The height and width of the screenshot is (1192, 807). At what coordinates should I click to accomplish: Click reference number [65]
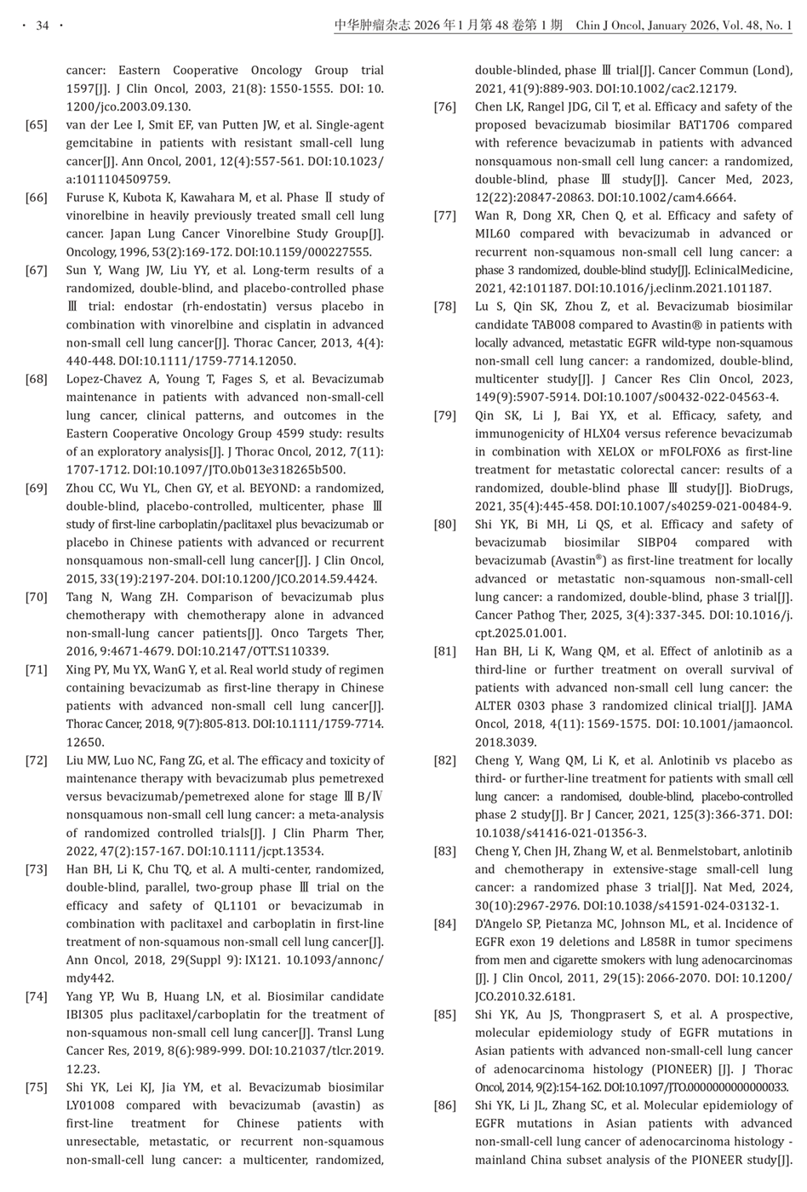coord(37,125)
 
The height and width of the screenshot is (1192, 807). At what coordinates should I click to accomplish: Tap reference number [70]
coord(37,597)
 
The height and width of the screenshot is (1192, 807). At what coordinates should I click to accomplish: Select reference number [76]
coord(444,107)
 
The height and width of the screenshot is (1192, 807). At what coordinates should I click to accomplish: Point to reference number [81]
coord(444,651)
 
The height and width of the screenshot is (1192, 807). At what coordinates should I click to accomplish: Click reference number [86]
coord(444,1105)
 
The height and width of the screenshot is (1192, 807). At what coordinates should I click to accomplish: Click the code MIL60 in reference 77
coord(495,234)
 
